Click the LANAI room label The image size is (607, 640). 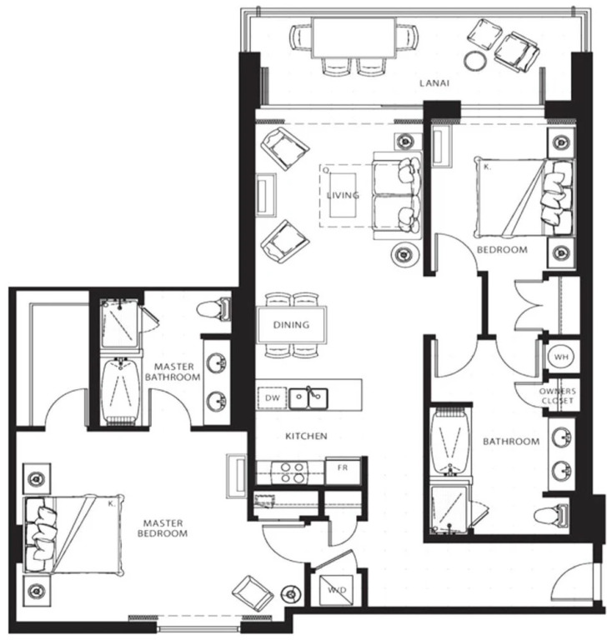click(x=434, y=83)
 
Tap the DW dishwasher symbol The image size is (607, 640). click(x=272, y=398)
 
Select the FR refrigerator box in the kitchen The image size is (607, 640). click(x=343, y=471)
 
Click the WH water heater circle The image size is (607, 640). click(x=561, y=357)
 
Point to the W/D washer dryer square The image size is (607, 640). click(x=337, y=590)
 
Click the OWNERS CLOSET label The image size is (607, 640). click(x=558, y=396)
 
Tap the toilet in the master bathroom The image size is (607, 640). click(x=213, y=310)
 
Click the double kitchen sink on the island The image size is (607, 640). click(x=309, y=398)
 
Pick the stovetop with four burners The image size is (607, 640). click(x=292, y=472)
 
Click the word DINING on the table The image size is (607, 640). click(x=291, y=325)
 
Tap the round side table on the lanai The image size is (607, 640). click(x=475, y=61)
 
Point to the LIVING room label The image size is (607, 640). click(x=344, y=195)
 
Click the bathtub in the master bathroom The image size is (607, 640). click(x=121, y=392)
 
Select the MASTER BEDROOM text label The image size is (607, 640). click(x=162, y=528)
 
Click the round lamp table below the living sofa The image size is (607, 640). click(x=404, y=254)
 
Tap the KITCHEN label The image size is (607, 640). click(x=306, y=437)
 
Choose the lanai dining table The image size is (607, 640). click(x=354, y=37)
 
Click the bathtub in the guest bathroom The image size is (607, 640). click(x=451, y=441)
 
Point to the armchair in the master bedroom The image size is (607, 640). click(x=253, y=593)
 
